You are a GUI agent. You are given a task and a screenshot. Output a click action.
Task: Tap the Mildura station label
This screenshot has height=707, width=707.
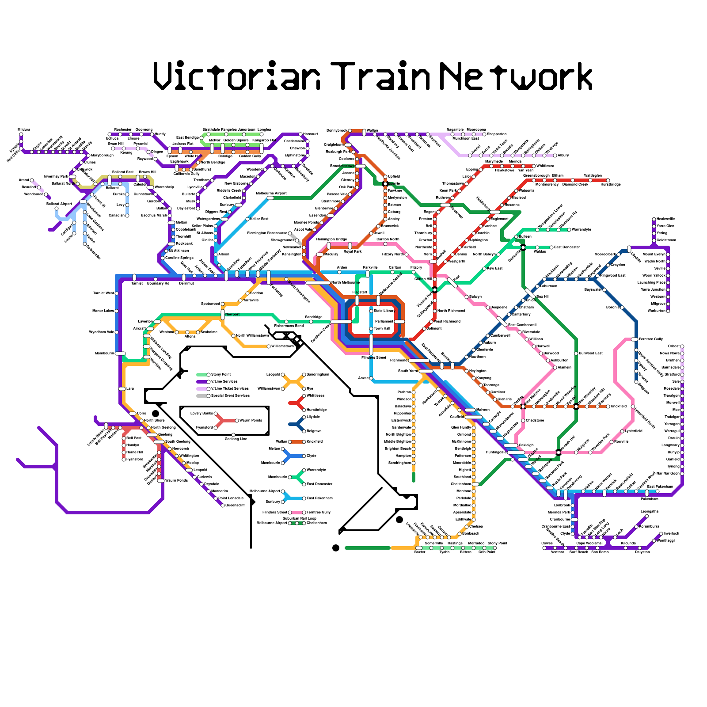coord(24,129)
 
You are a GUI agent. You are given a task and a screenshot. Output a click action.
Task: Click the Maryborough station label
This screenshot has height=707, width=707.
coord(102,155)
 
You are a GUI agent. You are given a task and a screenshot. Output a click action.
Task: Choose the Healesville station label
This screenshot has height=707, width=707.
coord(666,219)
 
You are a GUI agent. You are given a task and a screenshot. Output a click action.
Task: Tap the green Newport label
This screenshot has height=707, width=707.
coord(232,315)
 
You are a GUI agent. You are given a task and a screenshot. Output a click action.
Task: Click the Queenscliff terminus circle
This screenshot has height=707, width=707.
coord(223,506)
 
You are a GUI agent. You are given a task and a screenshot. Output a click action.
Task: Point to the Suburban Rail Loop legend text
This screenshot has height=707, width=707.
coord(300,518)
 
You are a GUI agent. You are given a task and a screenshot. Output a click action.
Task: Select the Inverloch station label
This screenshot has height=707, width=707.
coord(671,533)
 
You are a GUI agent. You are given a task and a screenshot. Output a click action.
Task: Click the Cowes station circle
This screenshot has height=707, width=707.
coord(544,548)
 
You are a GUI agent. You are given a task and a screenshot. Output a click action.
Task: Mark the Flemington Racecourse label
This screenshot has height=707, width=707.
coord(267,233)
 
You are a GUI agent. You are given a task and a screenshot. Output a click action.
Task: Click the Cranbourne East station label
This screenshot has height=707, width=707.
coord(555,526)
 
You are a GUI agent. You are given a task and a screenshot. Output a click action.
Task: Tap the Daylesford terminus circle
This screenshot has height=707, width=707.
coord(198,209)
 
